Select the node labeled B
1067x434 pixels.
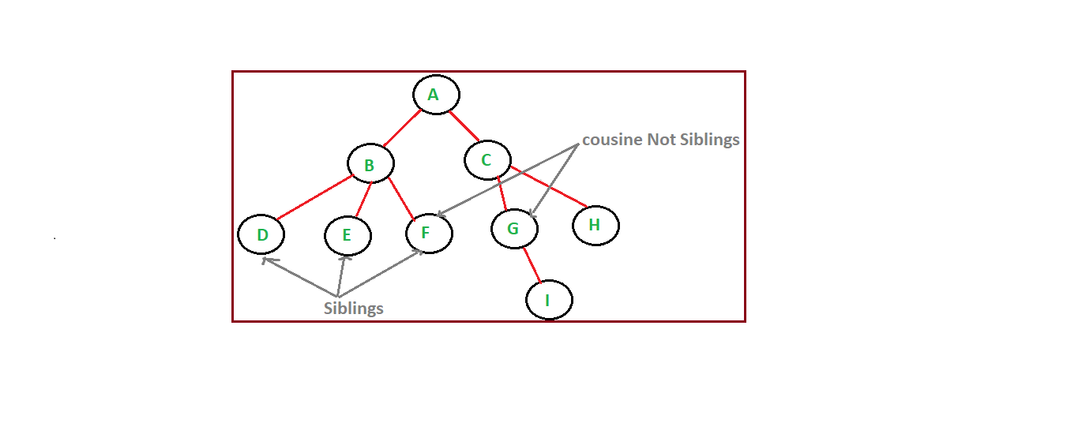[x=370, y=164]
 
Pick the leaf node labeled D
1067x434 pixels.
[x=261, y=234]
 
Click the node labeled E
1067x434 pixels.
[x=348, y=235]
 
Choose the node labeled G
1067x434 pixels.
[x=514, y=229]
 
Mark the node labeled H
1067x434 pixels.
[x=595, y=226]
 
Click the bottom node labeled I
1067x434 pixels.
[x=548, y=300]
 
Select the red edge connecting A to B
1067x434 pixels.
[x=402, y=129]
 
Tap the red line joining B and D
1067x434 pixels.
[x=314, y=198]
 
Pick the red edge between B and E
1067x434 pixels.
[x=363, y=200]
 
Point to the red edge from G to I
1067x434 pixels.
[x=532, y=264]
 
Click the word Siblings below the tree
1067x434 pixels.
[x=354, y=308]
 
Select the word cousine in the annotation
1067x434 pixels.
[x=612, y=140]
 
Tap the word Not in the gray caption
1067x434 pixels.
[x=661, y=140]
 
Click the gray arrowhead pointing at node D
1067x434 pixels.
[x=267, y=260]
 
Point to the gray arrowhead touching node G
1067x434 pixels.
[x=533, y=213]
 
